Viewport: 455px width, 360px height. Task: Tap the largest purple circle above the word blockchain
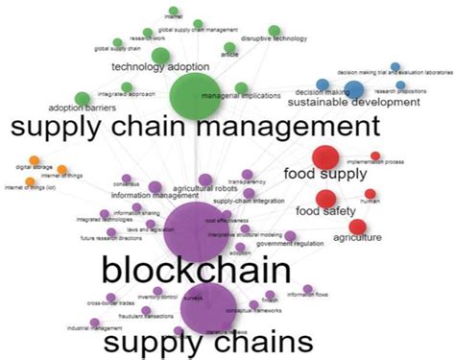click(x=195, y=228)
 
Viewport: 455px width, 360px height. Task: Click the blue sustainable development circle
click(x=353, y=89)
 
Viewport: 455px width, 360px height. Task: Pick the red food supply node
click(x=325, y=156)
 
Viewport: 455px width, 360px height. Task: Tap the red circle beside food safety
click(x=325, y=199)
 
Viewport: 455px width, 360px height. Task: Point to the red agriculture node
click(x=357, y=227)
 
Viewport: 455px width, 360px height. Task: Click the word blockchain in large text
click(x=195, y=268)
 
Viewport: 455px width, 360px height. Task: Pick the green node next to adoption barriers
click(x=82, y=97)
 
